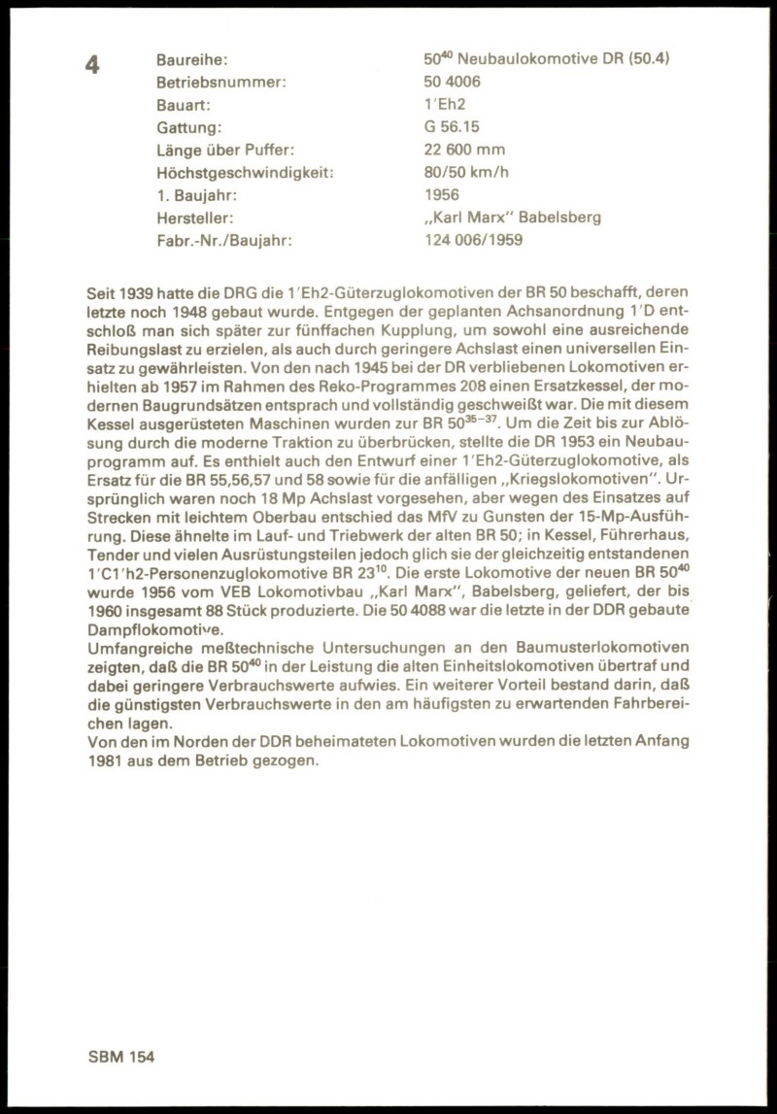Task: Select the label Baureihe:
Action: coord(192,59)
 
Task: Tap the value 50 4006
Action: coord(452,82)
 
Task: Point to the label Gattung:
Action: coord(189,127)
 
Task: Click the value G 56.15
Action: coord(452,127)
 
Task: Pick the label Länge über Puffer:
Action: coord(224,150)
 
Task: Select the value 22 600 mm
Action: coord(464,150)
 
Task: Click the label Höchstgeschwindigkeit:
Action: coord(245,173)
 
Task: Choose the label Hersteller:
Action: coord(195,218)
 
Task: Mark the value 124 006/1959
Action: coord(473,240)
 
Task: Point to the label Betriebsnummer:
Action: coord(221,82)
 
